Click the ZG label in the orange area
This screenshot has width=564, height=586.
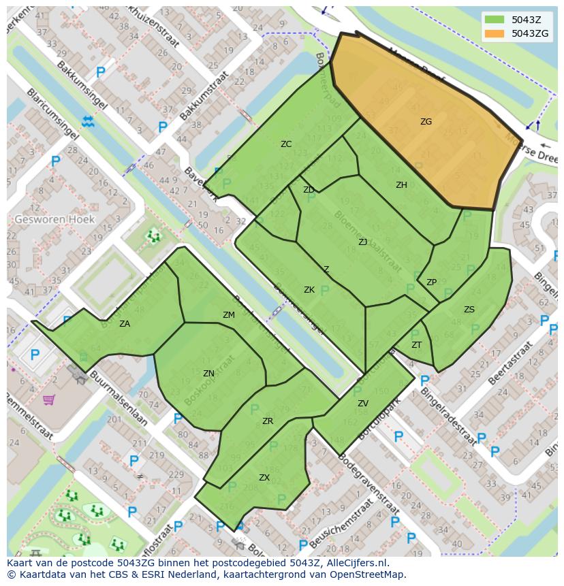point(426,122)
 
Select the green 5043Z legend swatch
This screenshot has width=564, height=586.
point(495,20)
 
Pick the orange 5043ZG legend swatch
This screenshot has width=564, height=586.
point(495,33)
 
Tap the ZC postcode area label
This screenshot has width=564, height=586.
point(286,144)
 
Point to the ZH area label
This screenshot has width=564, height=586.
point(401,185)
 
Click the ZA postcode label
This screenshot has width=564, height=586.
point(125,324)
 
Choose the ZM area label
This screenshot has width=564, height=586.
point(229,315)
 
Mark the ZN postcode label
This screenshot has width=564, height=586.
point(208,374)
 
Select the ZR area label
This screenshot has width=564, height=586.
point(268,421)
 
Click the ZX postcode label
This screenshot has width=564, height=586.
point(264,478)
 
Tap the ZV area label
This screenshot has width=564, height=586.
point(363,404)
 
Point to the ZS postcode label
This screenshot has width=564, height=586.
point(469,310)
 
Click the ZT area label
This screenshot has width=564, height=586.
point(416,345)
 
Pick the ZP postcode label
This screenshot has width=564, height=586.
point(431,282)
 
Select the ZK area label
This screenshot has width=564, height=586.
point(309,290)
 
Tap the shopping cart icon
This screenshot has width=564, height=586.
point(49,400)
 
